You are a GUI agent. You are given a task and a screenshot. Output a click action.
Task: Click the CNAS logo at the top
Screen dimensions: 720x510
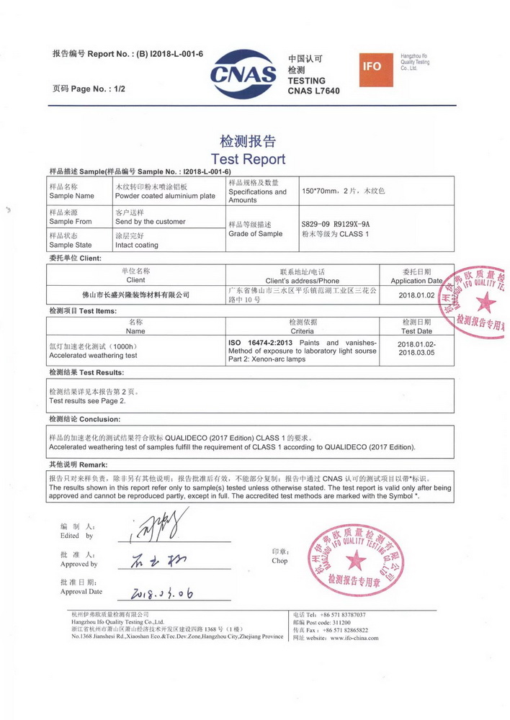[243, 69]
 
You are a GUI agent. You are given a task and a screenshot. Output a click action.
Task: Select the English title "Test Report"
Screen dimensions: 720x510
[248, 159]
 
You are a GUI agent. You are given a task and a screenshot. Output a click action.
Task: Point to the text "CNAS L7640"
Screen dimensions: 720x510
[313, 91]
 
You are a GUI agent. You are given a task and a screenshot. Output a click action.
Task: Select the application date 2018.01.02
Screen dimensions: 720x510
[416, 295]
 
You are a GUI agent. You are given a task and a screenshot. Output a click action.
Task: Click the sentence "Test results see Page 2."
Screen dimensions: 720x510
[87, 400]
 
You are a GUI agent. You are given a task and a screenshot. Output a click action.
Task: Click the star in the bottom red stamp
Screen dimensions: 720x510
[356, 559]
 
